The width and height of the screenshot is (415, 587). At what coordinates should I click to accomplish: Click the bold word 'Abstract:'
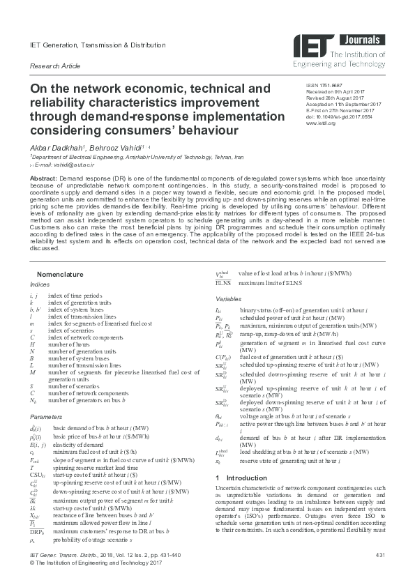point(43,179)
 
